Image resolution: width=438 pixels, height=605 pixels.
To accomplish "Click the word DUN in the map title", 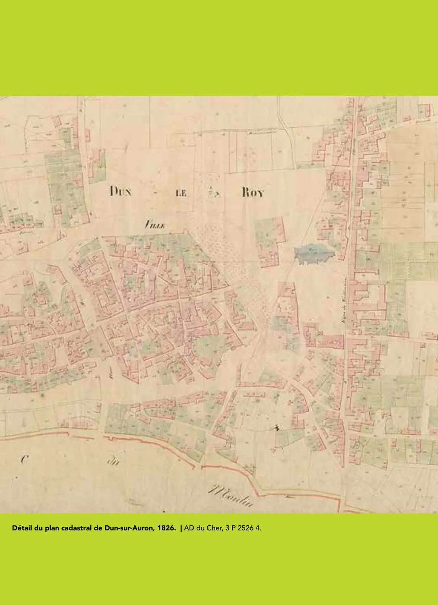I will [x=120, y=191].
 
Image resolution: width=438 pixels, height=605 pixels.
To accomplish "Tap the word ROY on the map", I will [x=252, y=193].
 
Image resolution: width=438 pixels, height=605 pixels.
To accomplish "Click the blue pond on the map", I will [x=313, y=253].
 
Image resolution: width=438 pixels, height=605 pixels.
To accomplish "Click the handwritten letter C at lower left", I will [x=24, y=459].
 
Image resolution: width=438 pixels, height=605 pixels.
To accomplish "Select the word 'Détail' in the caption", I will [x=22, y=528].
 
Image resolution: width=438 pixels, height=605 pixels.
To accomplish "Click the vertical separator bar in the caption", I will [x=181, y=528].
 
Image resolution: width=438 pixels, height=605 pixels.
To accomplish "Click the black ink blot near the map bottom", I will [x=276, y=427].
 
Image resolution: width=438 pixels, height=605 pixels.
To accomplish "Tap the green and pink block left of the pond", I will [x=270, y=241].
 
